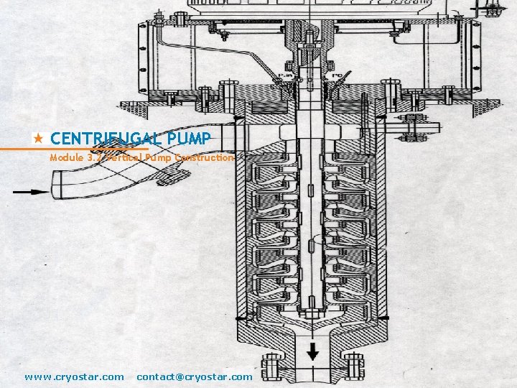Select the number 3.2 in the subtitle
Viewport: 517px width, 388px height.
tap(95, 157)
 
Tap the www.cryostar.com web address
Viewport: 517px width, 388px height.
tap(74, 377)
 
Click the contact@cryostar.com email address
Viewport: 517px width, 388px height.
tap(195, 377)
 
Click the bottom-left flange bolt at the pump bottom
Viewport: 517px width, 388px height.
tap(271, 369)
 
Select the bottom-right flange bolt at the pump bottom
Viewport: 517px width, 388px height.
tap(355, 369)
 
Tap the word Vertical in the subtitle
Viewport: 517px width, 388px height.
tap(125, 157)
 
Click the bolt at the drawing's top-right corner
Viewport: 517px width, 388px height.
tap(493, 9)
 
